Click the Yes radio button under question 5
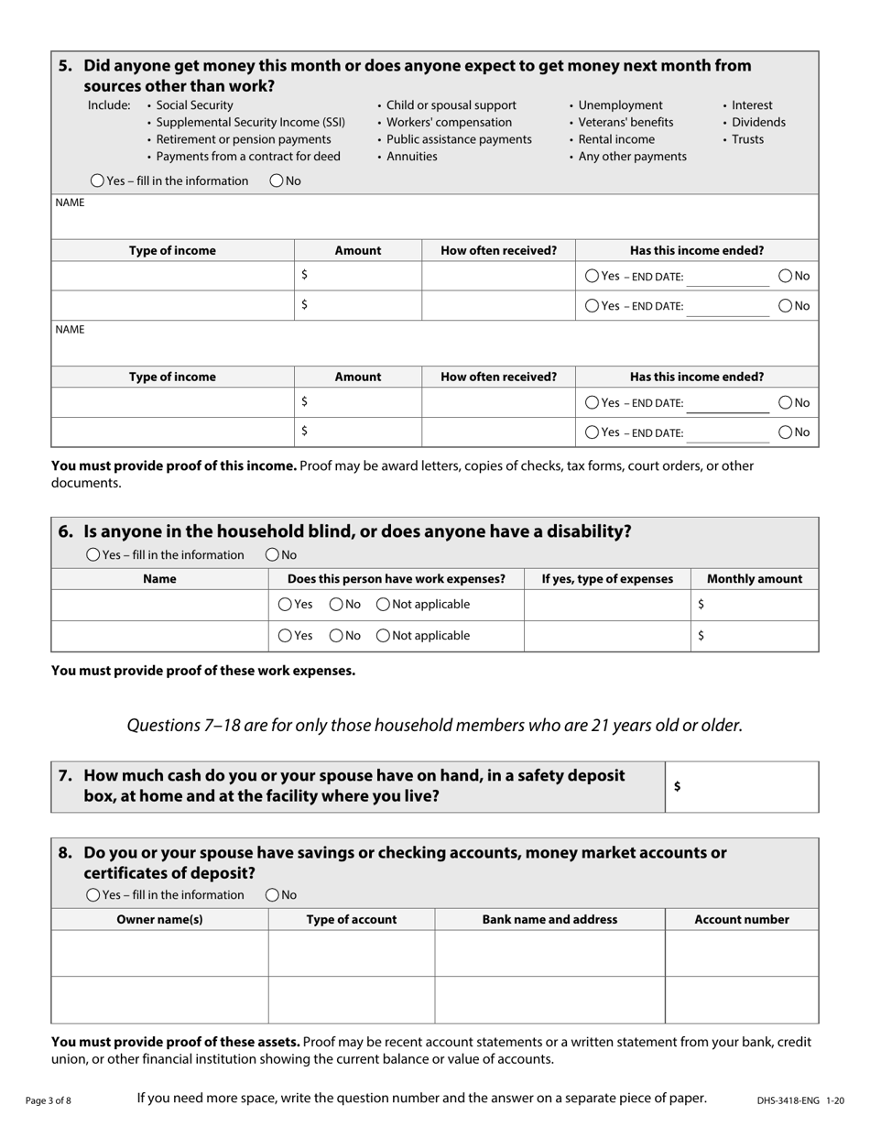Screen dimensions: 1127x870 tap(98, 181)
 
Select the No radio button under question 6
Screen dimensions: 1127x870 tap(273, 554)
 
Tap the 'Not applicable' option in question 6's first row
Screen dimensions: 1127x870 tap(383, 605)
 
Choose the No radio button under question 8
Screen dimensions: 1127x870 tap(273, 895)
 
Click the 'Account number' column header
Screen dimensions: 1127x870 tap(742, 919)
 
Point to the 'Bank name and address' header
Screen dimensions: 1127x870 tap(549, 919)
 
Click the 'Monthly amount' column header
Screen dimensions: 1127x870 tap(755, 579)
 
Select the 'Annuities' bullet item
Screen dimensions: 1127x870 tap(411, 157)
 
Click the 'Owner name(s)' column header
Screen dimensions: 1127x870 tap(159, 919)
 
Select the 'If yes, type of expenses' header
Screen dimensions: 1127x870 tap(607, 579)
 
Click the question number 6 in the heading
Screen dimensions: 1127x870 tap(65, 531)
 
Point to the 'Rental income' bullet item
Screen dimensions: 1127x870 tap(616, 139)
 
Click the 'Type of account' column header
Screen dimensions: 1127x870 tap(352, 919)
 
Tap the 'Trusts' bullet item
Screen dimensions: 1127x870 tap(747, 139)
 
